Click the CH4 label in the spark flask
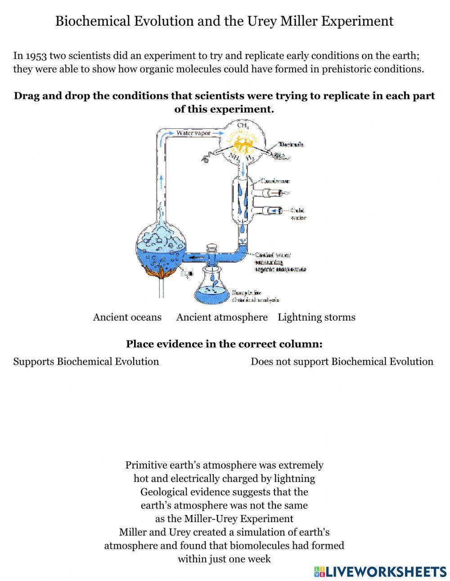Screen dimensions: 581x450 243,126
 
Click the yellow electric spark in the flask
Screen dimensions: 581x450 243,145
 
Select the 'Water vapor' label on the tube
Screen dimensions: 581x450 193,133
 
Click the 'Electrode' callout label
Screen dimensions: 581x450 291,144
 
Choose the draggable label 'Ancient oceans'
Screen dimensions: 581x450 127,317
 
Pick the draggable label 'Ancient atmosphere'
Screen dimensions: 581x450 222,317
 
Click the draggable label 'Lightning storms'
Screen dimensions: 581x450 316,317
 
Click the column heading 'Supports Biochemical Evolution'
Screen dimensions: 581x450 86,361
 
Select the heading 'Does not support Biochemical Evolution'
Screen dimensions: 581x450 342,361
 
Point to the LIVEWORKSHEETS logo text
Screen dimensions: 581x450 386,572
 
